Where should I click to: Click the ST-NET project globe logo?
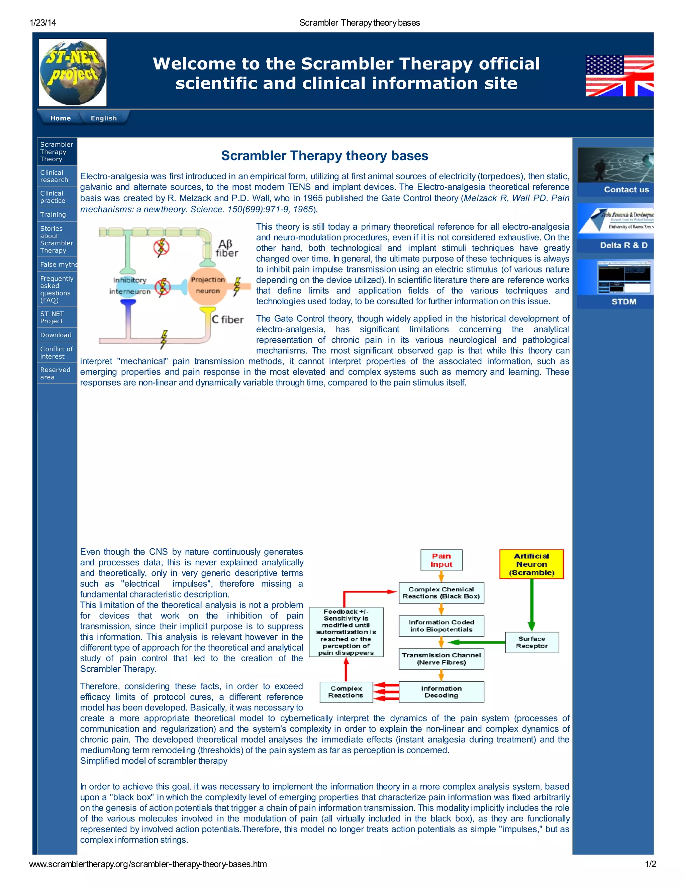point(73,73)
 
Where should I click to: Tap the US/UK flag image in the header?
point(619,76)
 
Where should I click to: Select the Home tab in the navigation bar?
point(61,118)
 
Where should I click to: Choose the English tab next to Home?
point(103,118)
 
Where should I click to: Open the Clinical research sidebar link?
point(55,176)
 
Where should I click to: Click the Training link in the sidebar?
point(53,214)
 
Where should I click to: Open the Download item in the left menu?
point(56,335)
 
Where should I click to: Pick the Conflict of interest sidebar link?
point(57,352)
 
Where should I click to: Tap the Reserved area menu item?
point(55,373)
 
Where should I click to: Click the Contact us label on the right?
point(626,190)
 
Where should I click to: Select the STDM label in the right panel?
point(624,302)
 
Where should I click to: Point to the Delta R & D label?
point(624,245)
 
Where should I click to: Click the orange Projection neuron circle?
point(208,286)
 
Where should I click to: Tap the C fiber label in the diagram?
point(228,320)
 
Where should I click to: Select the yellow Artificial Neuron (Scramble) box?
point(531,564)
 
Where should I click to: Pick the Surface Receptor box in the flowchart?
point(531,642)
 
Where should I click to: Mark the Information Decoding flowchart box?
point(441,692)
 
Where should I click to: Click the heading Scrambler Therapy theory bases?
point(325,156)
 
